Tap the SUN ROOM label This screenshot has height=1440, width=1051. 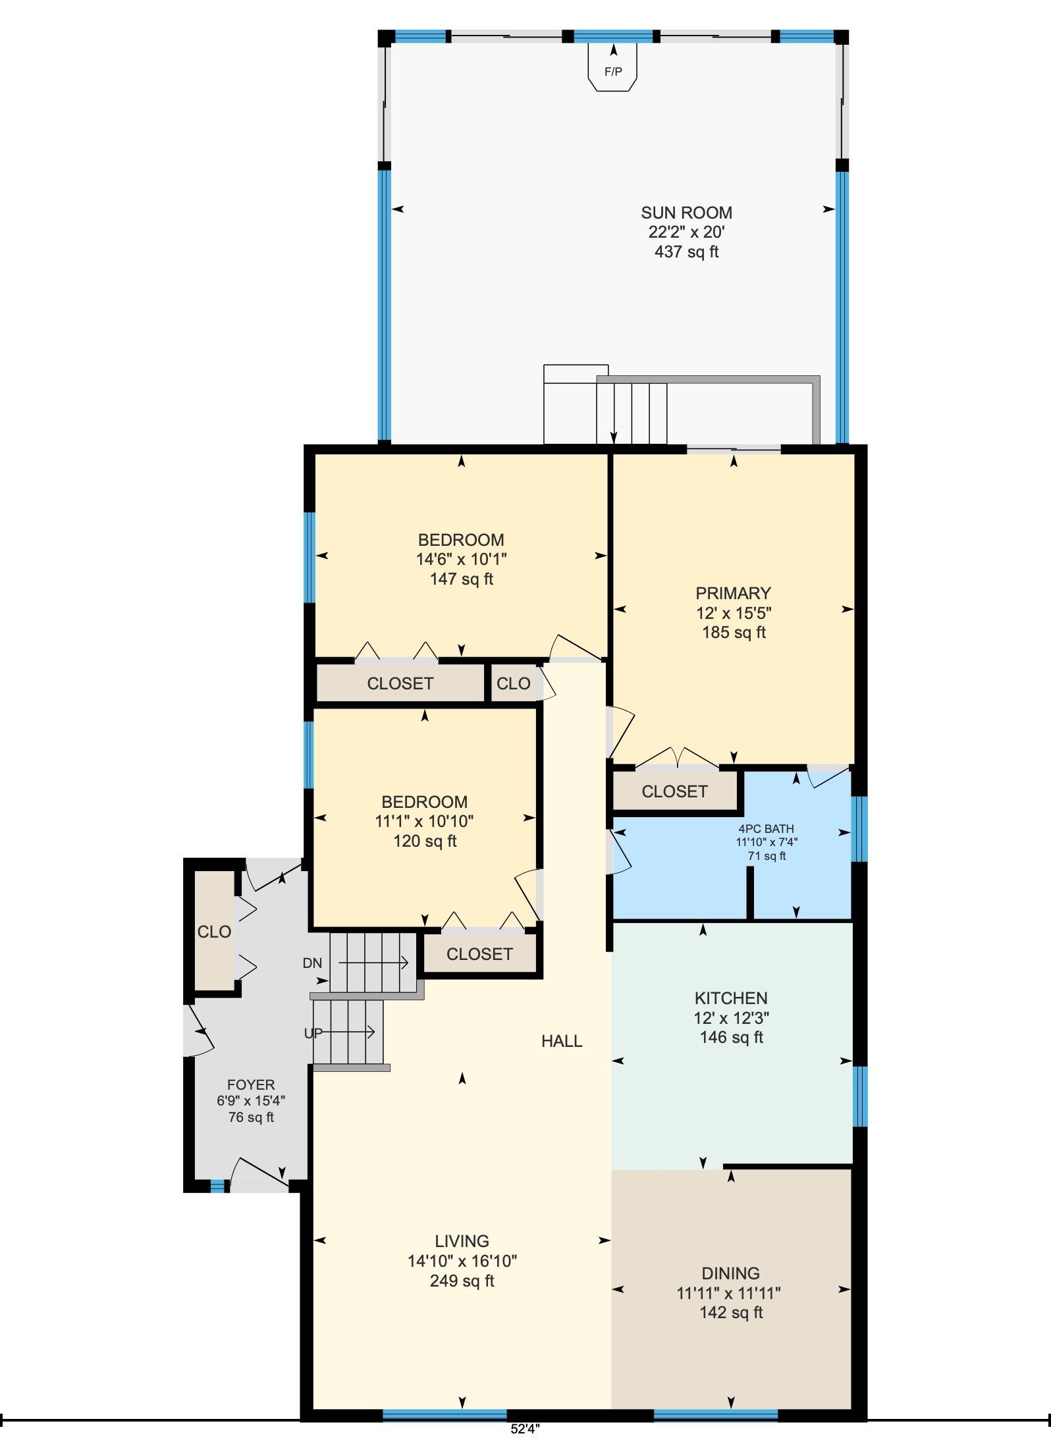686,213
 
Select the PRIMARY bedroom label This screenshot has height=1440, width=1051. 733,593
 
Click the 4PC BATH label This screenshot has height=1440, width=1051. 766,829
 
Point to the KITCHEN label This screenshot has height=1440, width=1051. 731,998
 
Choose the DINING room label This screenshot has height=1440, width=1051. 730,1273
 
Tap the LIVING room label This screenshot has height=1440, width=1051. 462,1241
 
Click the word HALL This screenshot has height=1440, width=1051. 562,1041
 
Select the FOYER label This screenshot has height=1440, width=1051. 251,1084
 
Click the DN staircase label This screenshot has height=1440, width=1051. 312,963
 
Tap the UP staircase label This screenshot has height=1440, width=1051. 313,1033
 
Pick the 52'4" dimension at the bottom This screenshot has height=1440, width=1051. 525,1429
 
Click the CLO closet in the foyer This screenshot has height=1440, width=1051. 214,932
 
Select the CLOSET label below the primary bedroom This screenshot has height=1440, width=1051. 674,791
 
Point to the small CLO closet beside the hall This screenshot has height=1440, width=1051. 513,683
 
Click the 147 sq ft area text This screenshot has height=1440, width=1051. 462,579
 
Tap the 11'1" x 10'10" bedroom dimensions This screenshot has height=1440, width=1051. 425,821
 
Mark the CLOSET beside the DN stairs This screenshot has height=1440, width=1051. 479,954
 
